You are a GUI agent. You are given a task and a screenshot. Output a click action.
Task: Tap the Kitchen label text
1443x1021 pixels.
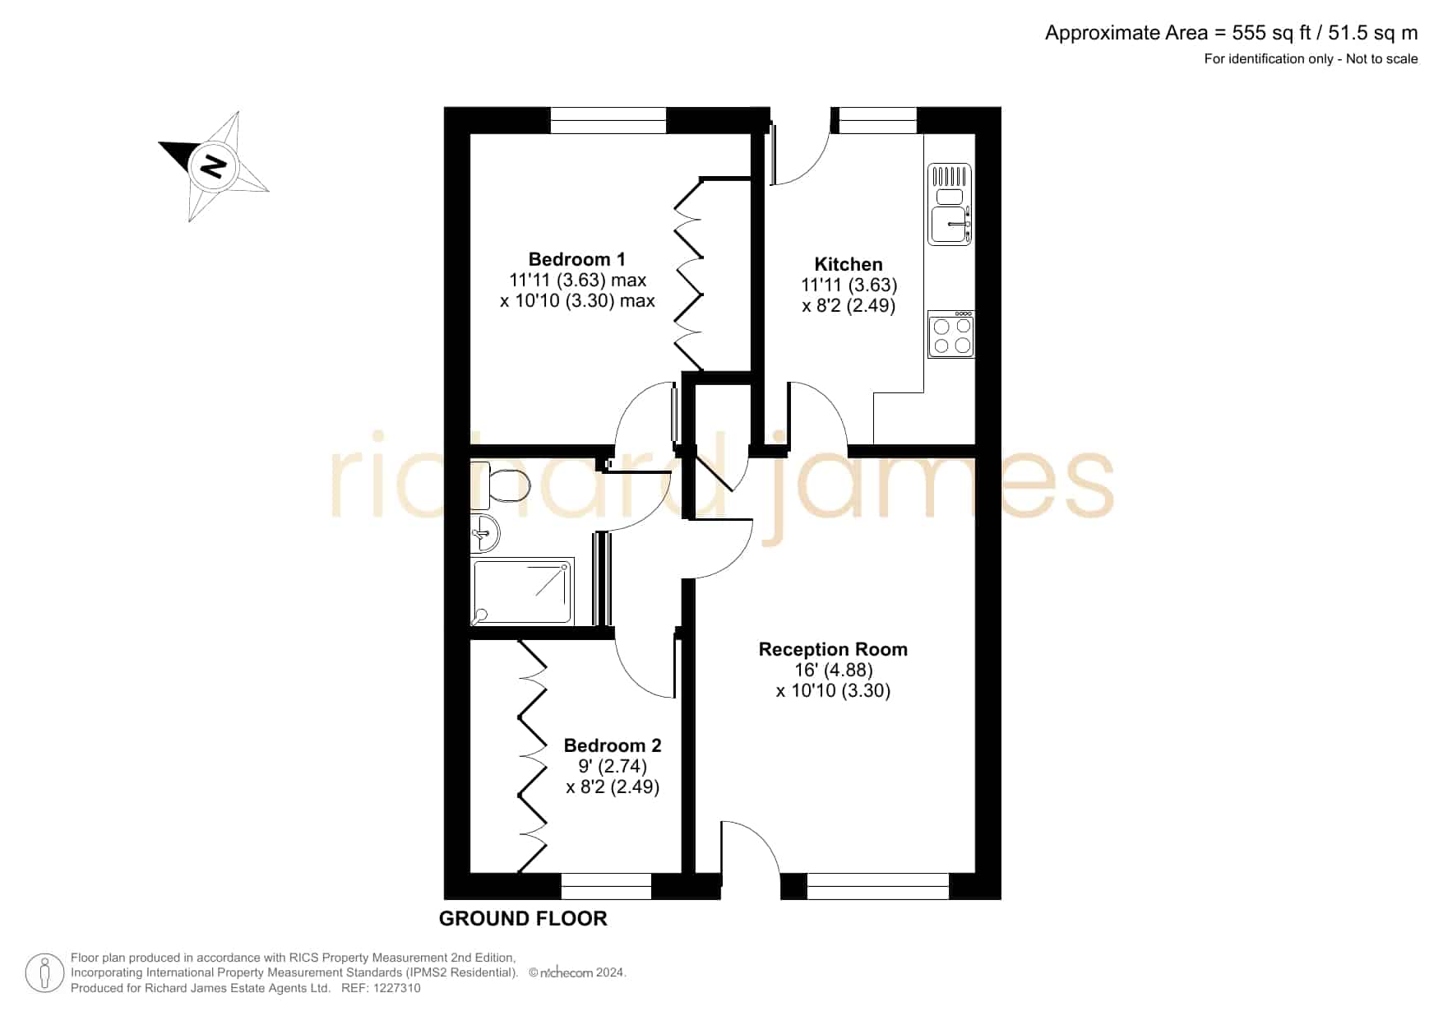click(849, 264)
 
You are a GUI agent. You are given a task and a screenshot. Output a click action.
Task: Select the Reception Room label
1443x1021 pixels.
click(833, 649)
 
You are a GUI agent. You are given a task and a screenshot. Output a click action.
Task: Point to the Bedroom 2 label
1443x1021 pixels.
click(613, 745)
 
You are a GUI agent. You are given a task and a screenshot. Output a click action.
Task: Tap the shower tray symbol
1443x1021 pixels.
click(522, 591)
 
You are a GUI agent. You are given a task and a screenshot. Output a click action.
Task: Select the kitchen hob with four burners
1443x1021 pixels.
click(951, 334)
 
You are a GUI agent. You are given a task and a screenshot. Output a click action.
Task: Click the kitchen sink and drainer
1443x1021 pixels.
click(950, 204)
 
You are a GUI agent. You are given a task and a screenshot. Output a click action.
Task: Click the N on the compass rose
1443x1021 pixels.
click(214, 166)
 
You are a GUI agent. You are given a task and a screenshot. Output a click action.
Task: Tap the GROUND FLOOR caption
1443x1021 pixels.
click(523, 918)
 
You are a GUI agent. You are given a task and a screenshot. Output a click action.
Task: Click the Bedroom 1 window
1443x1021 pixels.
click(608, 120)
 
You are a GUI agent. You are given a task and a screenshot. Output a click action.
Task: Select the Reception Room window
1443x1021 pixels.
click(878, 886)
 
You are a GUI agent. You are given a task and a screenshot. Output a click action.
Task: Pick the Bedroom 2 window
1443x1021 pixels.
click(606, 886)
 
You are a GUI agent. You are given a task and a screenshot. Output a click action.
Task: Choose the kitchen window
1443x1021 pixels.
click(877, 120)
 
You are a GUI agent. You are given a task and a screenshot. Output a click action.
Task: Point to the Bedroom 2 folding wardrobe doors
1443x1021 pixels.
click(533, 756)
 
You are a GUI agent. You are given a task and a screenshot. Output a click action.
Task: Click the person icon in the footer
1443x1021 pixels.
click(44, 973)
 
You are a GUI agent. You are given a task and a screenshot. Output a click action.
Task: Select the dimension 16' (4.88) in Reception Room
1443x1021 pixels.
click(834, 670)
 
